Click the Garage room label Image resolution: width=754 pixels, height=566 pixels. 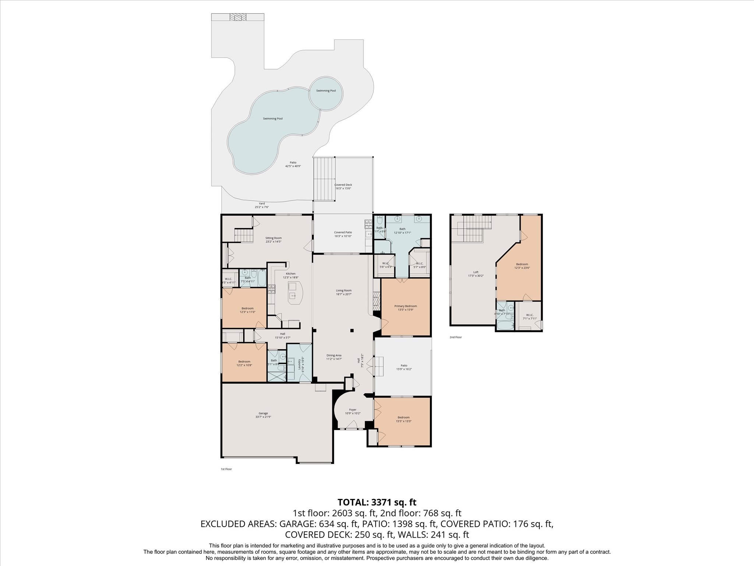(x=263, y=415)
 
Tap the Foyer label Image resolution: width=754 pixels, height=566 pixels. (x=353, y=411)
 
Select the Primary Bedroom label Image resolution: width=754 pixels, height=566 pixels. (x=405, y=308)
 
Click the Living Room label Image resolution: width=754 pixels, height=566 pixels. (x=343, y=292)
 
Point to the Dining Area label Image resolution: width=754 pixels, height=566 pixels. (x=334, y=357)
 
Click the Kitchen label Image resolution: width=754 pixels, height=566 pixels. (x=290, y=275)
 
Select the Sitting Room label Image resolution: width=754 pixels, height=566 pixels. (x=273, y=240)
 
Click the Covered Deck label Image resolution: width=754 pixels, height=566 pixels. (x=343, y=186)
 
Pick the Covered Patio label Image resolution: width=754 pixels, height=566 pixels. (x=343, y=234)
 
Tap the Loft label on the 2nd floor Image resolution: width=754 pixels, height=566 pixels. (x=476, y=274)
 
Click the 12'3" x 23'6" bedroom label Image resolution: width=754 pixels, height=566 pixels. (x=522, y=266)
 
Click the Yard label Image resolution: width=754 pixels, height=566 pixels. (x=262, y=205)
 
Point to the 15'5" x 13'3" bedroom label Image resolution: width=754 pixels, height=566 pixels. (x=404, y=419)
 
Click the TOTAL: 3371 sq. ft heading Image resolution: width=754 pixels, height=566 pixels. (x=377, y=502)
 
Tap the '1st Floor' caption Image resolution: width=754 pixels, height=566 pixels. (x=226, y=469)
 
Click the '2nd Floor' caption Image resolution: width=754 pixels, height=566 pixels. (x=455, y=337)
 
